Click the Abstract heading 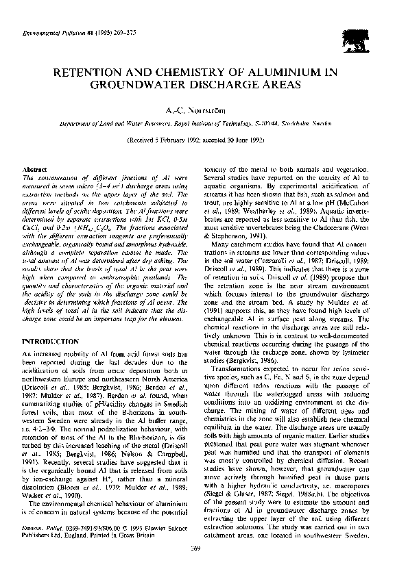coord(34,168)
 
